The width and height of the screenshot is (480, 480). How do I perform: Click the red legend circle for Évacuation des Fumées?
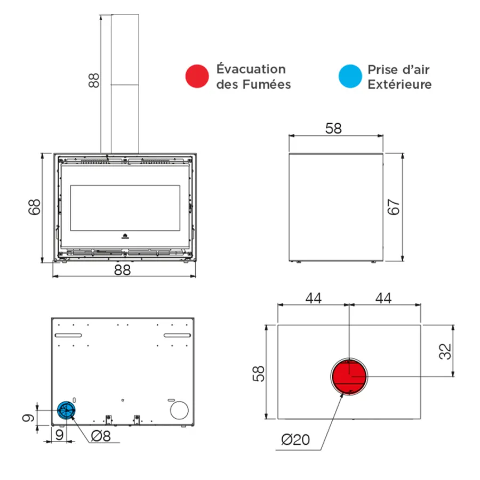197,76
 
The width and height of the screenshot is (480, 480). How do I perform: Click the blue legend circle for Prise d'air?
350,76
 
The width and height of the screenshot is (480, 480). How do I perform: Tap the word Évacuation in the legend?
251,69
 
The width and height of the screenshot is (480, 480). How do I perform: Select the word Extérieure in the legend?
399,84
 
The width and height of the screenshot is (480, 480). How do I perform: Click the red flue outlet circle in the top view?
349,377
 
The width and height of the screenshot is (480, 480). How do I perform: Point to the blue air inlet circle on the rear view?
66,410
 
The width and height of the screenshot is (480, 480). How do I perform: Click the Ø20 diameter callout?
295,440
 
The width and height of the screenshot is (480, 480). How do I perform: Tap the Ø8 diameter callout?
101,436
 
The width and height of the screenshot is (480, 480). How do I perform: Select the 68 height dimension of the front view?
34,207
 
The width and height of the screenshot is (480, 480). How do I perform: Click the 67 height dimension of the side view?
394,207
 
